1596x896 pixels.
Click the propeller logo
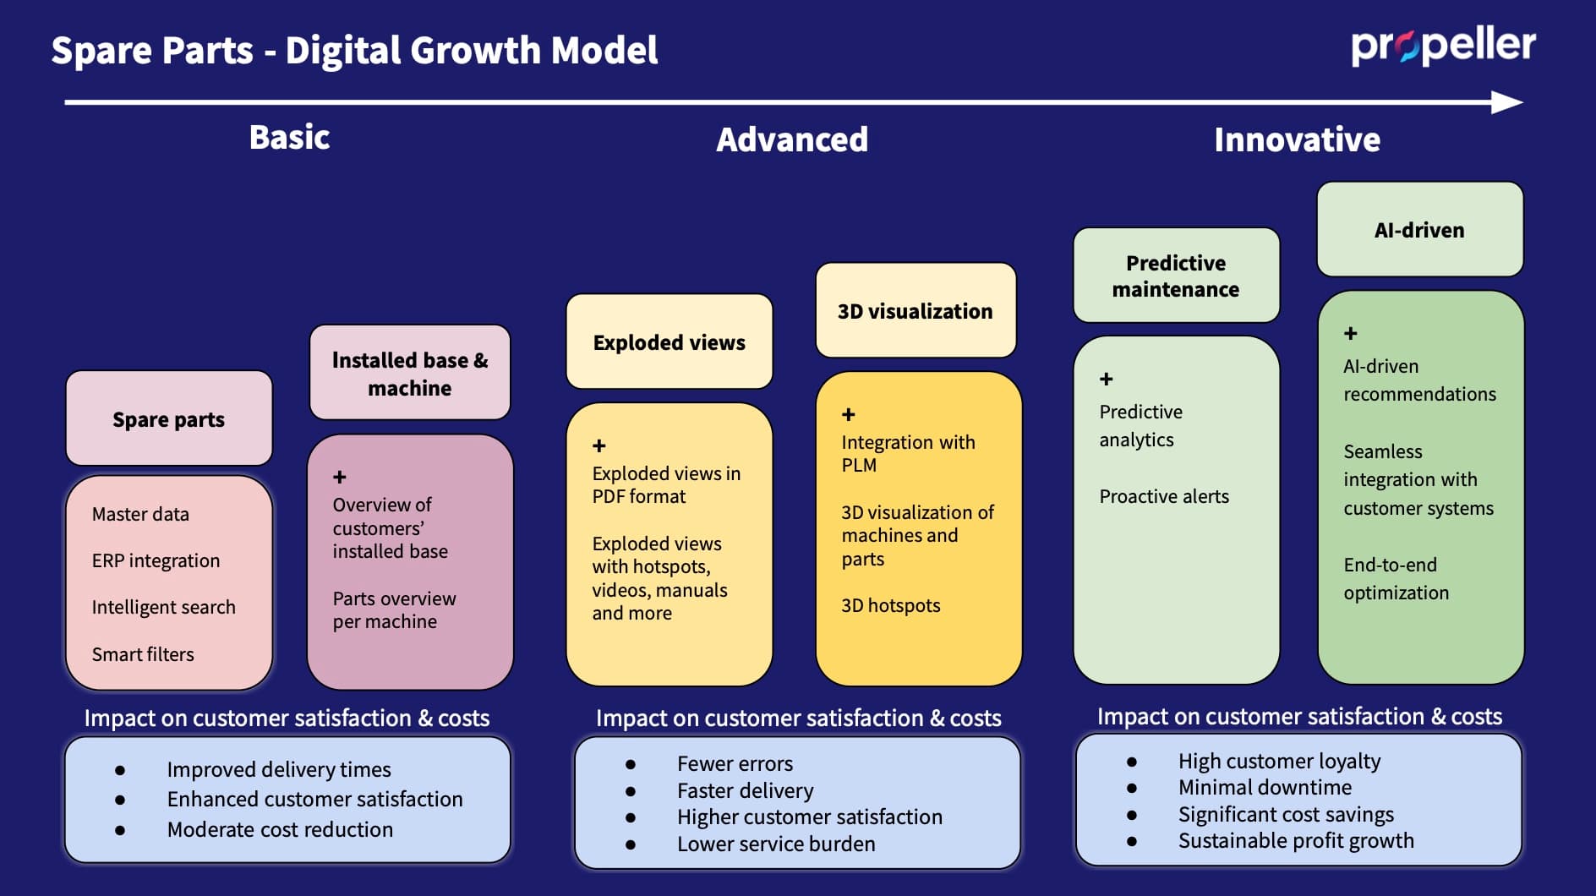point(1442,46)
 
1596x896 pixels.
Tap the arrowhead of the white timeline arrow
point(1507,102)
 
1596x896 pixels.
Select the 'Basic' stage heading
point(289,137)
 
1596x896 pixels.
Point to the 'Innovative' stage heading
point(1297,139)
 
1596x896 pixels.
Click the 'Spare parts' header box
point(169,418)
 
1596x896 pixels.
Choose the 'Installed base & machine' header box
point(410,373)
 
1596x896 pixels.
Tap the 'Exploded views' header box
point(669,341)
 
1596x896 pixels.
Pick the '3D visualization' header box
point(915,311)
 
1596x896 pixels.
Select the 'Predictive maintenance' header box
point(1175,276)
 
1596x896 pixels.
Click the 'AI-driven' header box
point(1419,230)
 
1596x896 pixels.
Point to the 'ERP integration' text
point(156,560)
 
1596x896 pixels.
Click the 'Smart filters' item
point(143,654)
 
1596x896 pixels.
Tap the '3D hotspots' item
point(890,605)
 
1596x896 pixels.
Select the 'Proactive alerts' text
point(1164,496)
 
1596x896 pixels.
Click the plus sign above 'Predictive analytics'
point(1106,379)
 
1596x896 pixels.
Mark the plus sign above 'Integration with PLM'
point(849,414)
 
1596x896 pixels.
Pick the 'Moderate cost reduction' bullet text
point(280,829)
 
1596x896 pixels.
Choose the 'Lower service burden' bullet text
point(776,844)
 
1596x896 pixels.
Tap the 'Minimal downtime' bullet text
point(1265,787)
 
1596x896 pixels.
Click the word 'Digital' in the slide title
point(343,50)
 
